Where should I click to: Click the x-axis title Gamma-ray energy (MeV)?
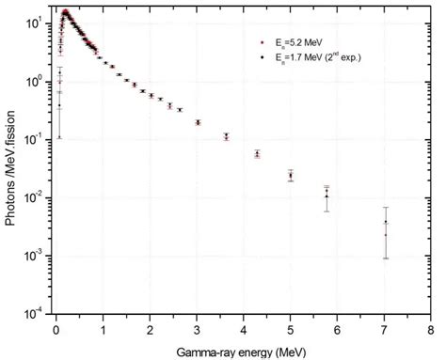click(243, 348)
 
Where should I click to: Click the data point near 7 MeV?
click(385, 223)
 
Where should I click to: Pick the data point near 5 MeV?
click(291, 175)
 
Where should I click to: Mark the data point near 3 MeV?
click(198, 122)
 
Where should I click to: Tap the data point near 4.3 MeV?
click(257, 153)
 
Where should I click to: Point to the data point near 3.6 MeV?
click(226, 136)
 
